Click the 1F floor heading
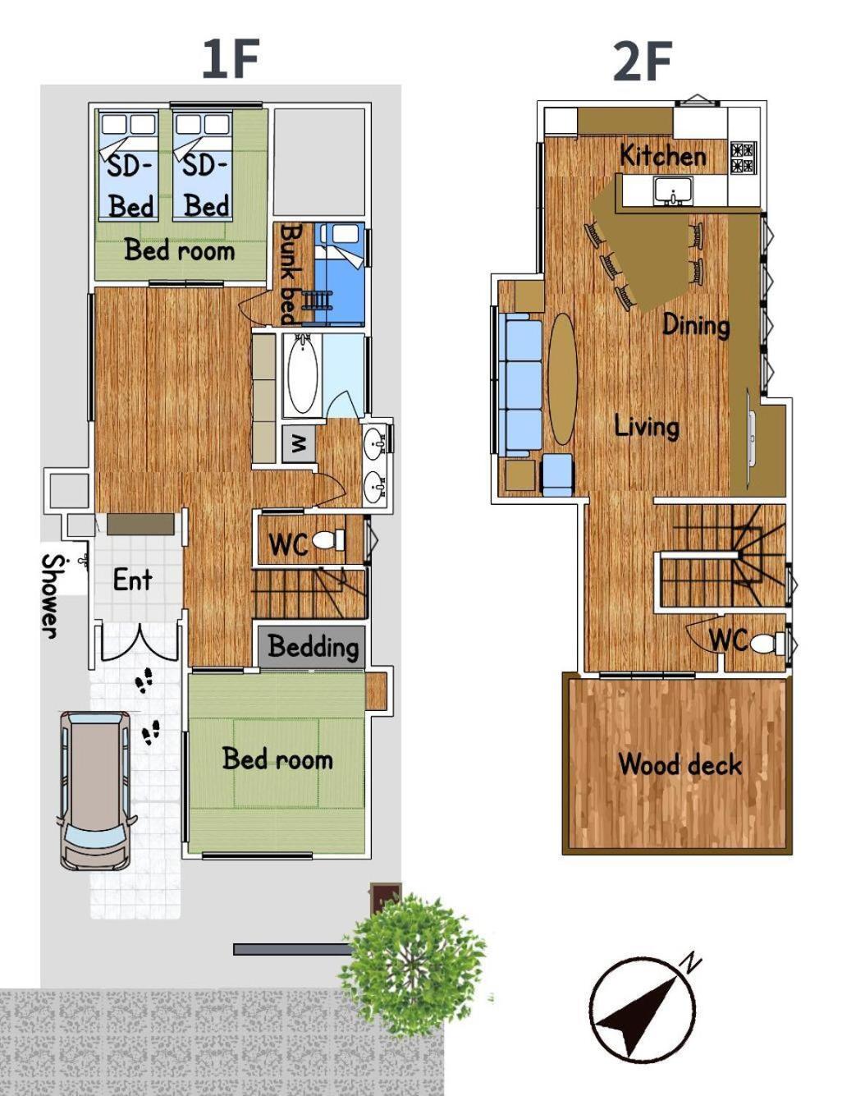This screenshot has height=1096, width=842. click(231, 60)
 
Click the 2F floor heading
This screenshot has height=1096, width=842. click(643, 62)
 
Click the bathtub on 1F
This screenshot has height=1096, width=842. click(303, 375)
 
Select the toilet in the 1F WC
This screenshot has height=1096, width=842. click(328, 540)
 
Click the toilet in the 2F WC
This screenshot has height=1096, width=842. click(767, 644)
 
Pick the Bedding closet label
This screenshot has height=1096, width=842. click(313, 647)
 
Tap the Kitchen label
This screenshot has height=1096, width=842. click(662, 155)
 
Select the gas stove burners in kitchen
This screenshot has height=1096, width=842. click(744, 158)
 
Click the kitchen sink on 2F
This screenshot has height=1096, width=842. click(673, 191)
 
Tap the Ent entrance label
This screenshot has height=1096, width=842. click(132, 580)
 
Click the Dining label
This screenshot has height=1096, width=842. click(696, 325)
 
